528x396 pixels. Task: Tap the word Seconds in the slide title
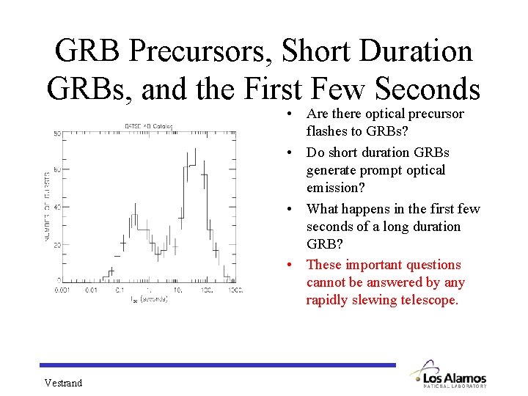[427, 89]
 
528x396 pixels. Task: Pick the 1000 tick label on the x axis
[234, 290]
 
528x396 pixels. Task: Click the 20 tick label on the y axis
[56, 244]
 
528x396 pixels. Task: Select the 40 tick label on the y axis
[56, 208]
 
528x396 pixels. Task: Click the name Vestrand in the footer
[63, 383]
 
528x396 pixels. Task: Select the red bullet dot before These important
[291, 265]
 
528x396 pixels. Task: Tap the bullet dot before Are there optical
[291, 114]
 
